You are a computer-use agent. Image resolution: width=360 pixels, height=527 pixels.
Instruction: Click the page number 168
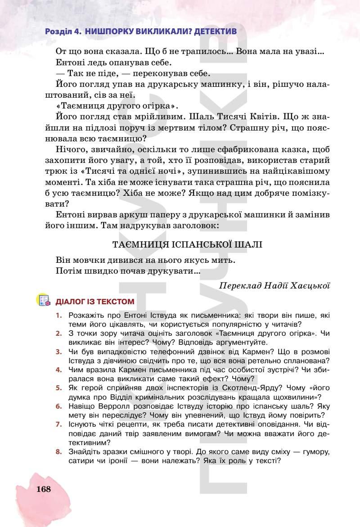pos(44,489)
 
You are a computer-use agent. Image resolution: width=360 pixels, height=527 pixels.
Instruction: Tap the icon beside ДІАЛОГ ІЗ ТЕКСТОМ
pos(43,301)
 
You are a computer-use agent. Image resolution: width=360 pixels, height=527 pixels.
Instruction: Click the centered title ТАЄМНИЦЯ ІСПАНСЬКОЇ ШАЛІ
pos(187,244)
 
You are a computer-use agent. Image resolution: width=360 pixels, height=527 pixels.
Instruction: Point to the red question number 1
pos(58,315)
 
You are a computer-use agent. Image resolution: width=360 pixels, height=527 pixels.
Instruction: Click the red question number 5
pos(58,387)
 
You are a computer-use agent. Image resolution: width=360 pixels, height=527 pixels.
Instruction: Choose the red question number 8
pos(58,451)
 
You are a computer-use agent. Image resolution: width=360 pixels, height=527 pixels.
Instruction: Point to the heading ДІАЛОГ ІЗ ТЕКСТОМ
pos(94,301)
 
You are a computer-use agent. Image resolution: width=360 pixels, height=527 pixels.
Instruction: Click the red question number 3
pos(58,351)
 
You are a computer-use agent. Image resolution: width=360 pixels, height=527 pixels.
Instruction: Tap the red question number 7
pos(58,424)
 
